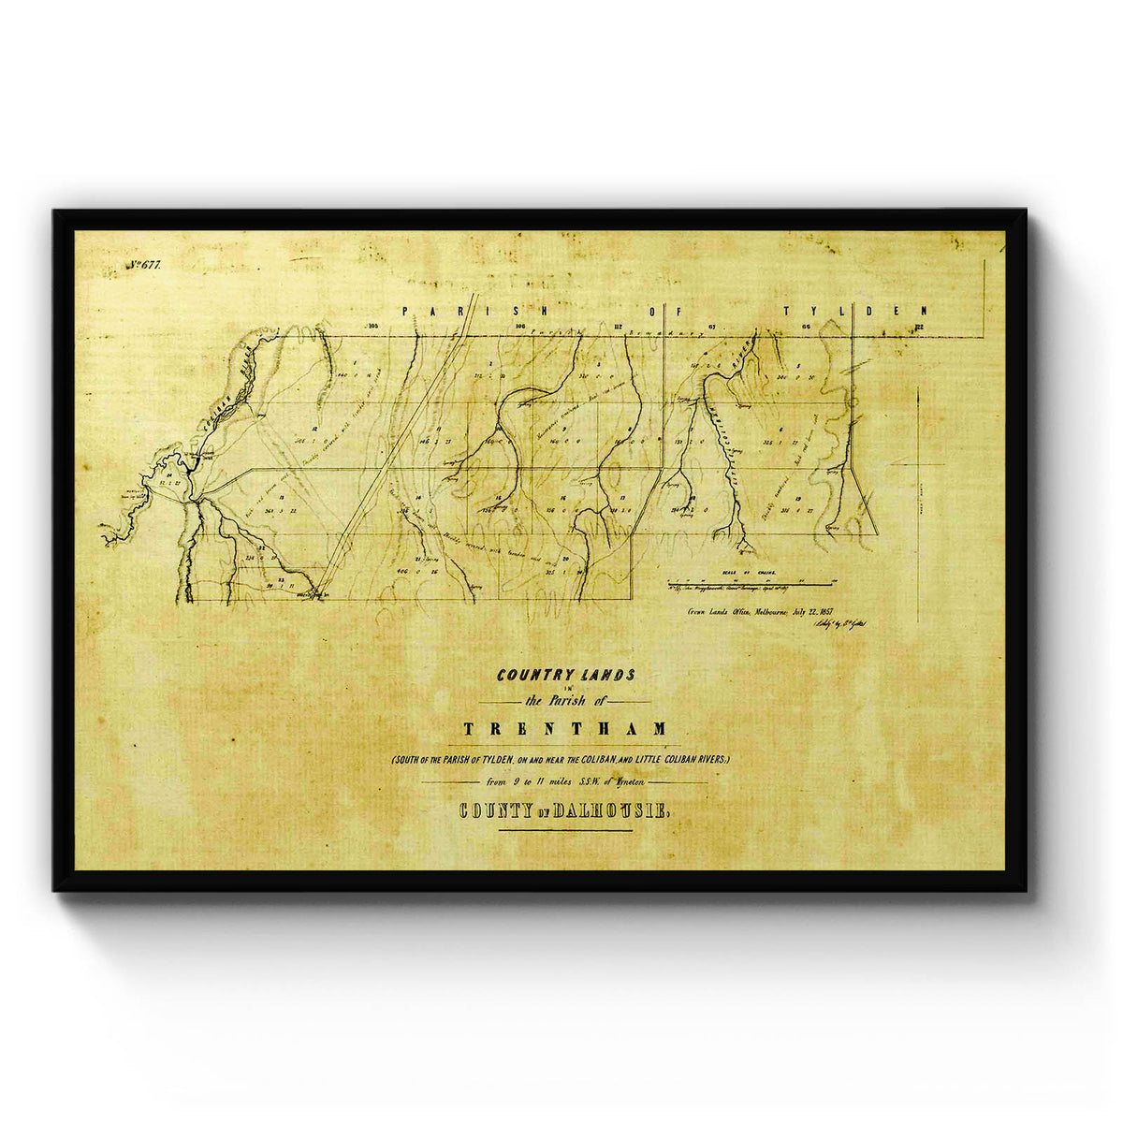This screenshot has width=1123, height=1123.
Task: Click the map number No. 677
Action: (146, 266)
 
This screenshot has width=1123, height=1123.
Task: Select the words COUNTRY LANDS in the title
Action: (566, 674)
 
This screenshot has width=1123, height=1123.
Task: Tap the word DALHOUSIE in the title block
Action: (610, 811)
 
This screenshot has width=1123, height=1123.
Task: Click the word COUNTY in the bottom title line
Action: (489, 811)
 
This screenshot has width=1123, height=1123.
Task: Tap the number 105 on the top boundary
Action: (373, 326)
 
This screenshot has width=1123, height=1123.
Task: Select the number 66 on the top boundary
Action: (806, 326)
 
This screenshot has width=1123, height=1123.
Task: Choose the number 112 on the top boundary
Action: (618, 326)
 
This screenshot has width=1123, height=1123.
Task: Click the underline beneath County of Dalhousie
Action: (565, 830)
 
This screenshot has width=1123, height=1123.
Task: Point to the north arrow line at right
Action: (918, 505)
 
